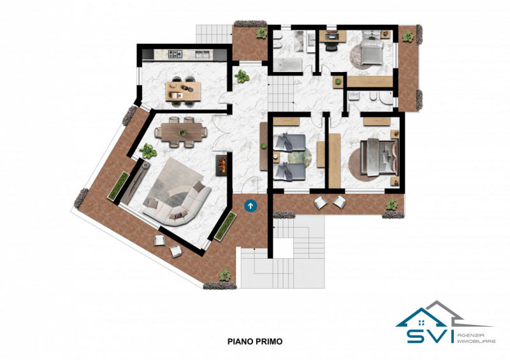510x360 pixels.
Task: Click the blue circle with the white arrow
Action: (x=251, y=206)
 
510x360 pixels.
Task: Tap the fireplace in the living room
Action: (x=221, y=165)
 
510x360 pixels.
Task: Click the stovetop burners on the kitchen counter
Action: (x=175, y=54)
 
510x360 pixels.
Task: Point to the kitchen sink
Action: (x=200, y=54)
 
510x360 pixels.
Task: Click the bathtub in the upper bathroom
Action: (x=288, y=64)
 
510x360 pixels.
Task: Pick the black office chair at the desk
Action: (x=331, y=47)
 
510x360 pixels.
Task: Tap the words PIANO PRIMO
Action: (x=254, y=342)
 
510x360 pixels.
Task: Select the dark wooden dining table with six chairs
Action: (x=182, y=133)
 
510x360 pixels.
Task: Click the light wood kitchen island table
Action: (x=183, y=91)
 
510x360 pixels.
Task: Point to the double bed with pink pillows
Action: (x=379, y=157)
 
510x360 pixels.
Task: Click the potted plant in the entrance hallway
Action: (x=242, y=76)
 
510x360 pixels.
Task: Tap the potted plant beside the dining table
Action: (x=148, y=151)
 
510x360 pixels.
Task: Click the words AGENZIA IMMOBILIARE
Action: (x=476, y=338)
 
